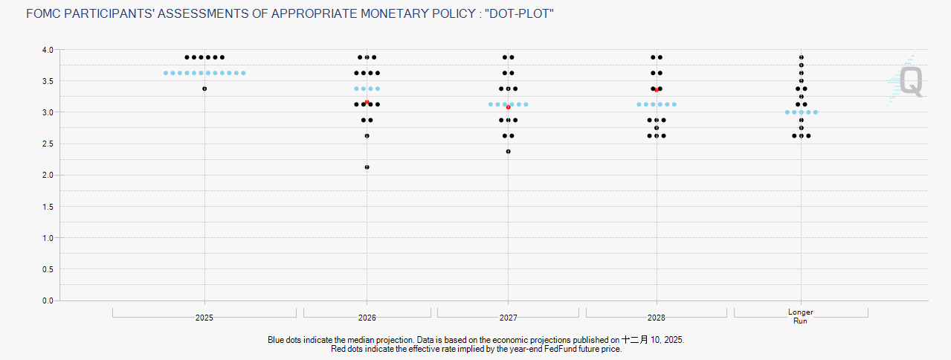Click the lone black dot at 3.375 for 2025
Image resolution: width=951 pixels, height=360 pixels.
coord(204,89)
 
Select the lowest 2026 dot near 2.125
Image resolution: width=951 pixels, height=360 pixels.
coord(367,167)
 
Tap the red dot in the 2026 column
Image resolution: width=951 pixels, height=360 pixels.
coord(367,102)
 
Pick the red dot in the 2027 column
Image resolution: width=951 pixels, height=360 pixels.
coord(508,107)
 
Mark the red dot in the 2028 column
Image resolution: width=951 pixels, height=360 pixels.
coord(656,90)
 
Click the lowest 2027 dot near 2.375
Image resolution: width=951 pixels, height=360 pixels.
coord(508,152)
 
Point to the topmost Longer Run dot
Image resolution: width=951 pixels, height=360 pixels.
coord(801,57)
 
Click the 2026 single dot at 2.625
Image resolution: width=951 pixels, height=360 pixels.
coord(367,136)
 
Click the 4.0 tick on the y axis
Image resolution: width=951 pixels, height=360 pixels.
coord(47,50)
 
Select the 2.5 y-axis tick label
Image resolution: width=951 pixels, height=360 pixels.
coord(47,144)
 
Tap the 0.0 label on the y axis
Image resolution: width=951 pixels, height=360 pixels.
coord(47,300)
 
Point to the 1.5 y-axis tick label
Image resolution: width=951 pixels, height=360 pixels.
coord(47,206)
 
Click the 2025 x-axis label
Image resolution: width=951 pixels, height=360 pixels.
coord(204,318)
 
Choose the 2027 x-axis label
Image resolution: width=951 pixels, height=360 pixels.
coord(508,318)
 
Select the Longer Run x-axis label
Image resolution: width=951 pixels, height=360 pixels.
coord(801,316)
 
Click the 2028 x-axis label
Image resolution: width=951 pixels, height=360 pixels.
coord(656,318)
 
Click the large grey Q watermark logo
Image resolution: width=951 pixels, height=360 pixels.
coord(911,82)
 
